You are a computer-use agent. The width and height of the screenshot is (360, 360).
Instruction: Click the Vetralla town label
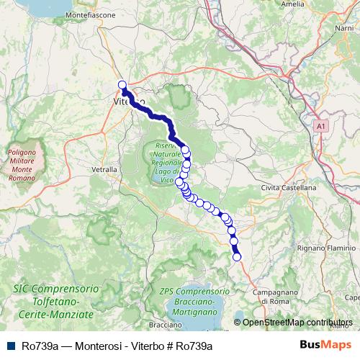coord(104,169)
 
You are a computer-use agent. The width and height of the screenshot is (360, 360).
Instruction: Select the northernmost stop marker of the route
coord(122,84)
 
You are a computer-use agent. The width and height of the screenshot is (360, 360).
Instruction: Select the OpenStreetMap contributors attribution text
coord(297,323)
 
